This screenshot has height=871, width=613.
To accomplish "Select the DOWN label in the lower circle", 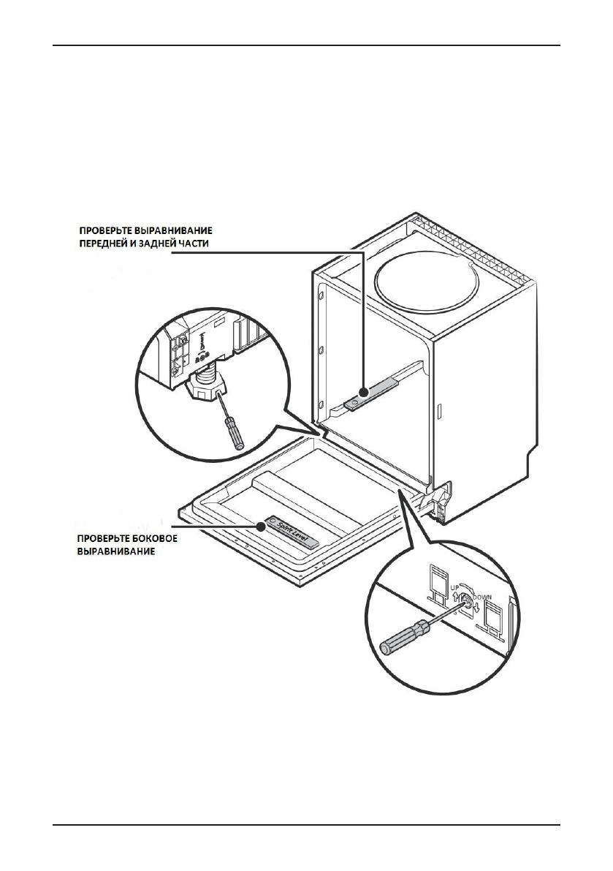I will (483, 597).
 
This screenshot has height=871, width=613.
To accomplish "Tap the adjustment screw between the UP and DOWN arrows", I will (465, 604).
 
